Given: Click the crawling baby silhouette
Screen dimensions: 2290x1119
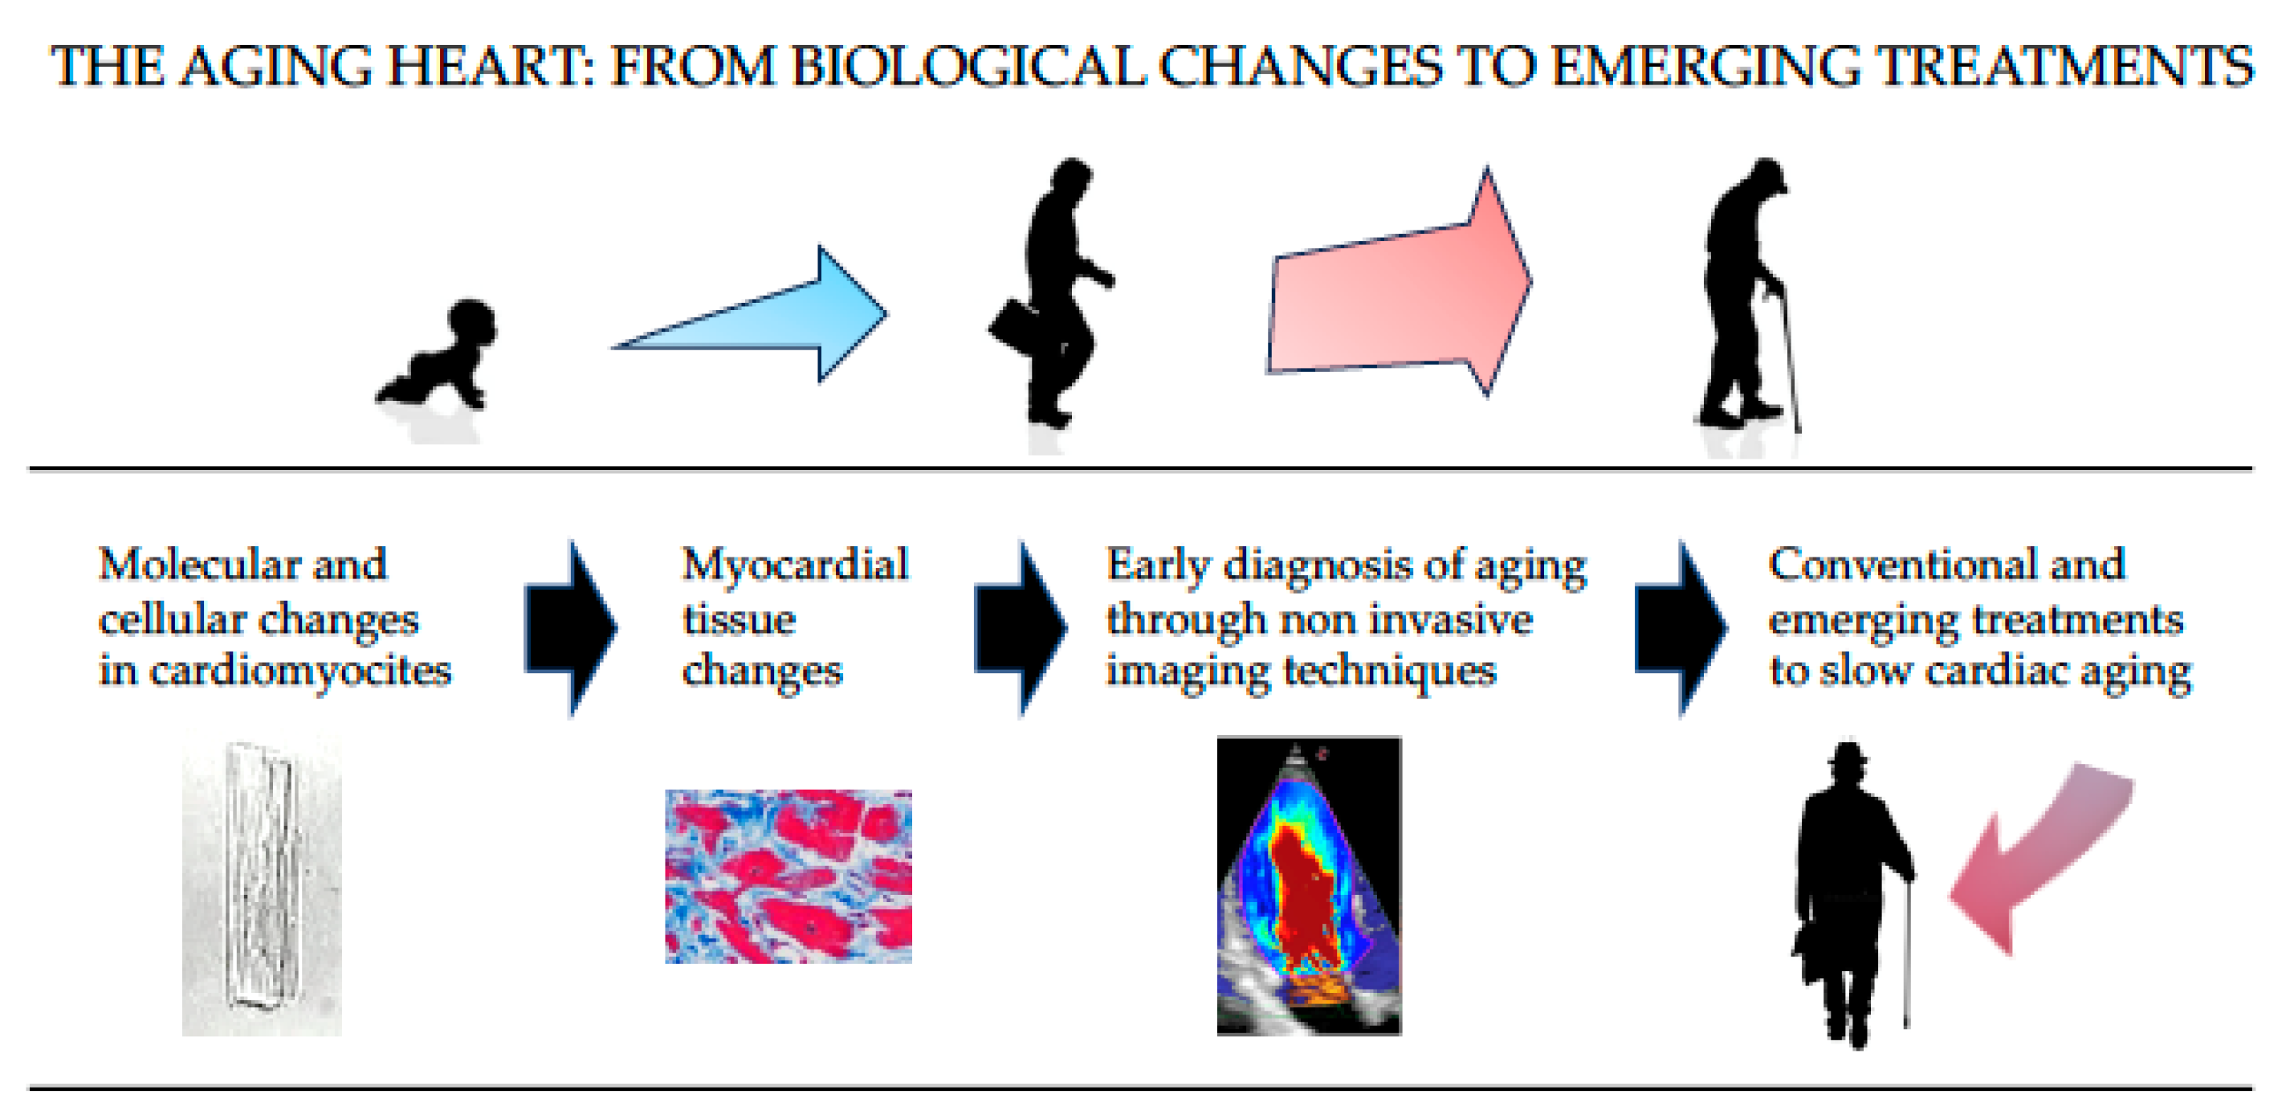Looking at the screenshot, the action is [440, 356].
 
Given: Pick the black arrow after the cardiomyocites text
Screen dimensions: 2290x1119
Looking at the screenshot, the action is [571, 628].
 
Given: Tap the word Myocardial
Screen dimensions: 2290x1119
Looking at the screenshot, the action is [796, 566].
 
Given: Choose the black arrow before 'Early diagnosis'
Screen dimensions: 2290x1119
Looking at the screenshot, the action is [1021, 628].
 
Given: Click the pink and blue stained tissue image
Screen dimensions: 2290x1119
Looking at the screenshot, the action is [788, 876].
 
